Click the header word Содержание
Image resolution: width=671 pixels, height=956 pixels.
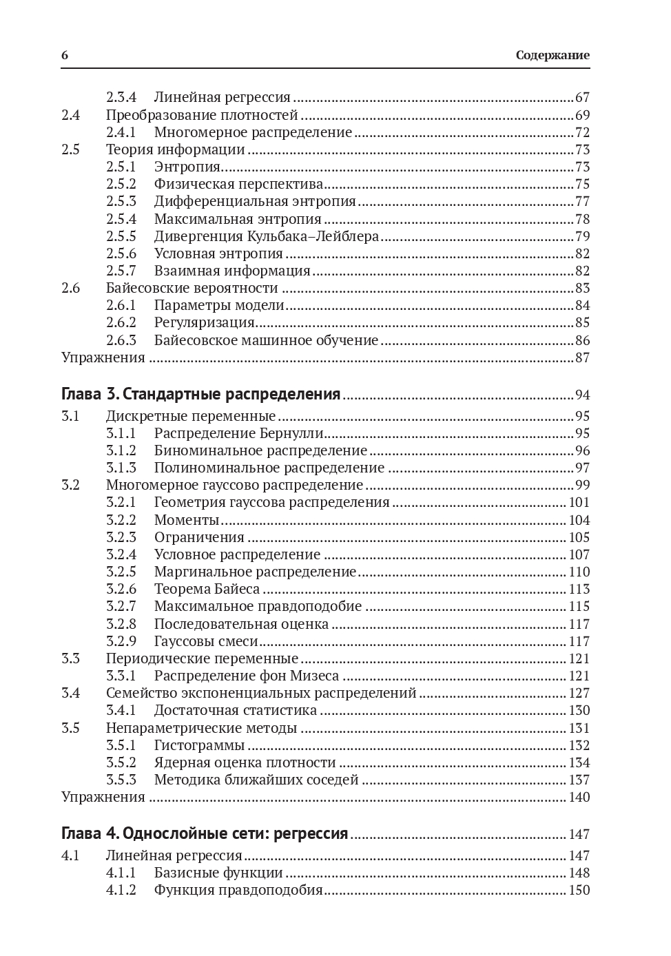click(553, 56)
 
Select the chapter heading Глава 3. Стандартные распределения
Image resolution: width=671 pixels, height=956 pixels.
click(200, 395)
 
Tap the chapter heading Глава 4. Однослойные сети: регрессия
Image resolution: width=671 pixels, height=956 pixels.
click(205, 834)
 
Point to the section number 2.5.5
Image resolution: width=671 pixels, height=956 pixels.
click(121, 236)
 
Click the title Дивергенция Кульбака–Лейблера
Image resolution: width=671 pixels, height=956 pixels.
click(266, 236)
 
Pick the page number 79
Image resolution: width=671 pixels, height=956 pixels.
click(582, 236)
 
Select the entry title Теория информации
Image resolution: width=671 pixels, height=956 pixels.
click(175, 149)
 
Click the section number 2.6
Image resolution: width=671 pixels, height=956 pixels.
click(70, 288)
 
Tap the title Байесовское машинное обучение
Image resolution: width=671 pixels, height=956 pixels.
click(266, 340)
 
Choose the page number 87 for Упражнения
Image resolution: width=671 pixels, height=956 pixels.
click(582, 357)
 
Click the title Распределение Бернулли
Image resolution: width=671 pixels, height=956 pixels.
click(238, 433)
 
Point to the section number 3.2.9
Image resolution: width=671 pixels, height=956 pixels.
click(121, 641)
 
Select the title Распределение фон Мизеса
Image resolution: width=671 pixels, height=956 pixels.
click(246, 676)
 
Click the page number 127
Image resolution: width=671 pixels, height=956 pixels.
click(579, 693)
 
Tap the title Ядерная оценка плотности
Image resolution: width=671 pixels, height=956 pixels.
click(245, 762)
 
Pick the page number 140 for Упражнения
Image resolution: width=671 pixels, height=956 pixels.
click(579, 797)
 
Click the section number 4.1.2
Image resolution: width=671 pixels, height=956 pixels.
click(121, 890)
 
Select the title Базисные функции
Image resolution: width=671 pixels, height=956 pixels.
click(218, 873)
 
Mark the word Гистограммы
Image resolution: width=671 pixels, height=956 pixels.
click(199, 745)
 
